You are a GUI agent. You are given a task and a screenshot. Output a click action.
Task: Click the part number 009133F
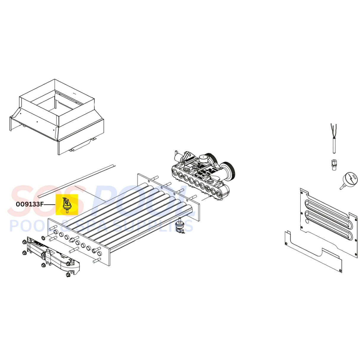(x=29, y=204)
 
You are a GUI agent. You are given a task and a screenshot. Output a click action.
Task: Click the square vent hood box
(x=57, y=117)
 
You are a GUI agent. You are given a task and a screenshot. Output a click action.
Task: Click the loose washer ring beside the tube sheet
(x=43, y=238)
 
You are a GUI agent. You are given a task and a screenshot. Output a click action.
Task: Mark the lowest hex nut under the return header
(x=68, y=275)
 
